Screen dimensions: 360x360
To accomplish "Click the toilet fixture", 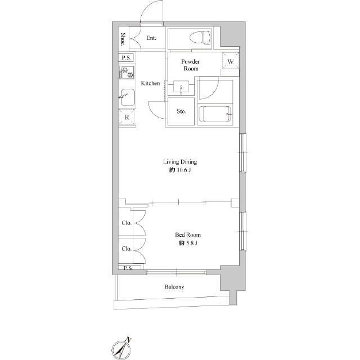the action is pos(200,38).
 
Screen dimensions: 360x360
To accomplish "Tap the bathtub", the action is pos(215,114).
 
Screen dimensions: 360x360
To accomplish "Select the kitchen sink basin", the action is pos(127,97).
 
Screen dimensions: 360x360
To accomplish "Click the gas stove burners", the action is pos(127,73).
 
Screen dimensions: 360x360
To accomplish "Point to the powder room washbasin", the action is pos(181,87).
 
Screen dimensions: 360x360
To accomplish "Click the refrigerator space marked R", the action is pos(127,118).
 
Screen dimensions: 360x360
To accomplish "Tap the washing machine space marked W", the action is pos(230,61).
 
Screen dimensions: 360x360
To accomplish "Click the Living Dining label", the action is pos(180,162).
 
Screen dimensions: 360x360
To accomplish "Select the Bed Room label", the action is pos(188,235).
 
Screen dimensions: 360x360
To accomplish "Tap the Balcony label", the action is pos(174,287).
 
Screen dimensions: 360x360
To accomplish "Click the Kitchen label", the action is pos(150,83).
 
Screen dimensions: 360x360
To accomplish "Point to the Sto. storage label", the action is pos(181,111).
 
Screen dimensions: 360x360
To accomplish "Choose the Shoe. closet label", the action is pos(123,39).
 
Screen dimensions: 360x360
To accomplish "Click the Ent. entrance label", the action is pos(151,38).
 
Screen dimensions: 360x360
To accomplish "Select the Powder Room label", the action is pos(190,65).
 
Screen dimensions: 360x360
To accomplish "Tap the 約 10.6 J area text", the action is pos(180,170).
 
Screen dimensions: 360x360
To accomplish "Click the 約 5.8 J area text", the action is pos(188,243).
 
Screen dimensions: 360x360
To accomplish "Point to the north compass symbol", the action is pos(121,349).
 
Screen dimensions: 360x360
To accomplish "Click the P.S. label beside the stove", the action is pos(126,57).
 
